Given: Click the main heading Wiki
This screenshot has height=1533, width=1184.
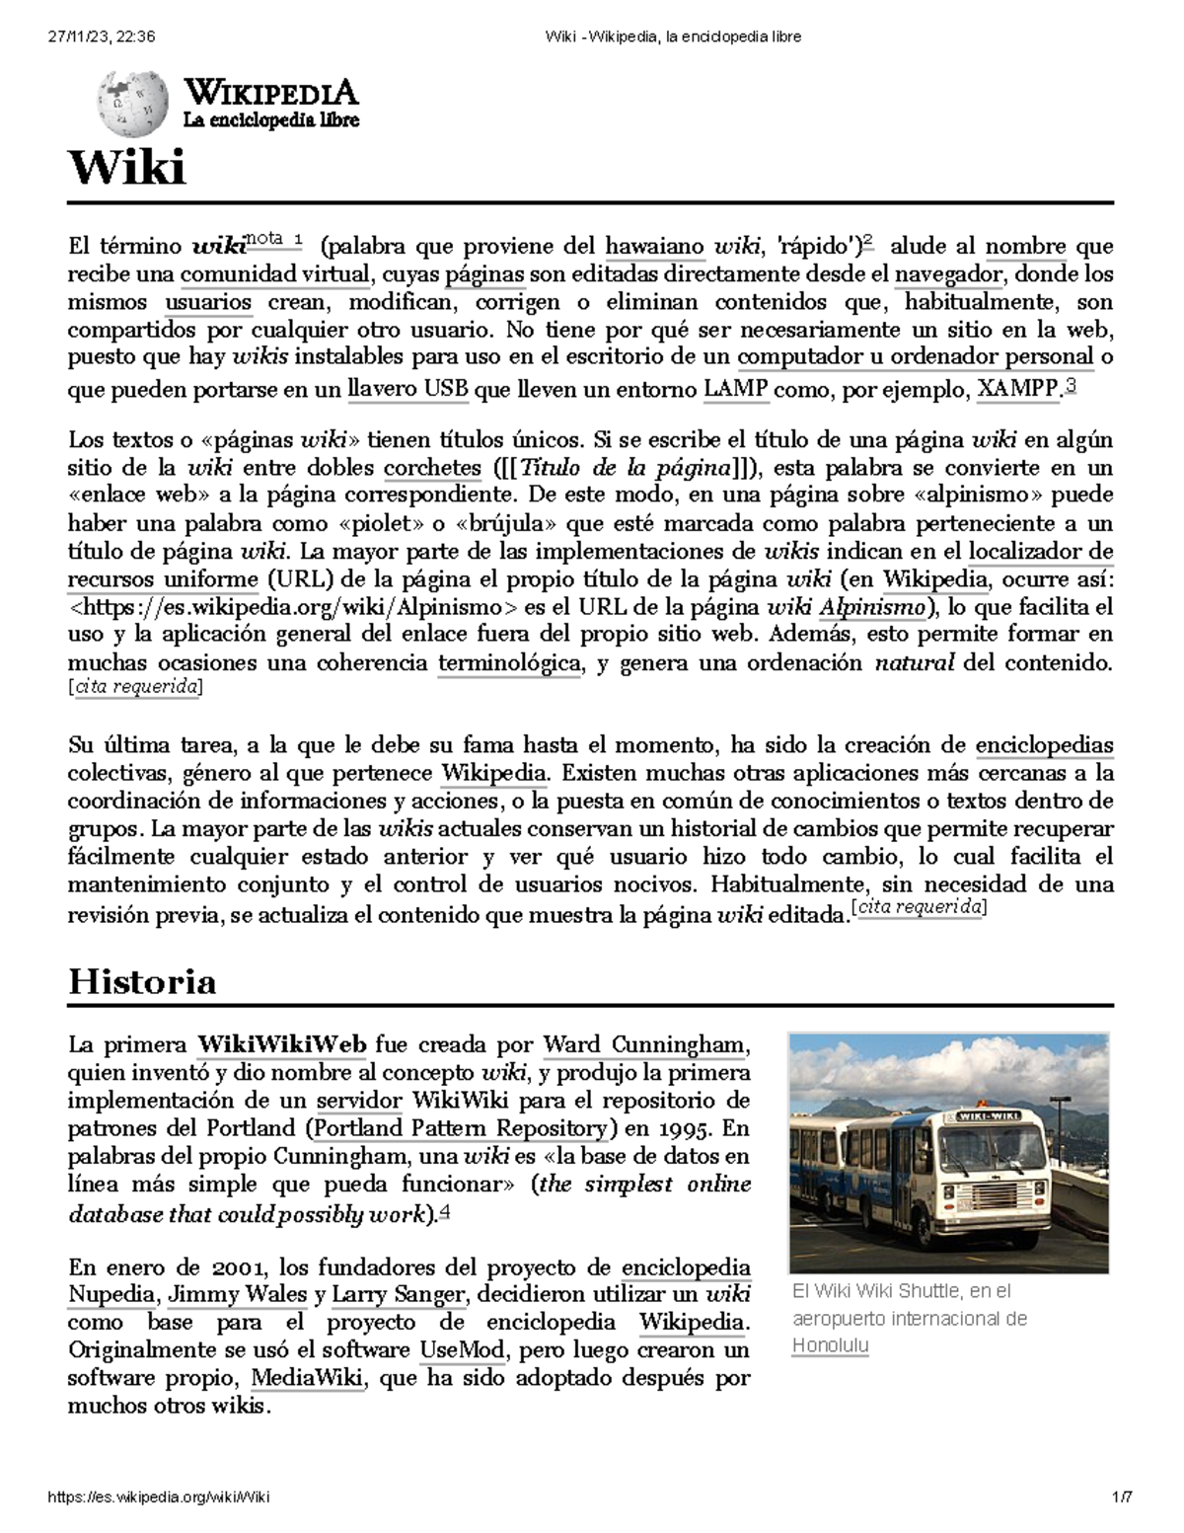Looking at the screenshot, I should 125,168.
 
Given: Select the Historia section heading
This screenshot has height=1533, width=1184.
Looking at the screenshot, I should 141,982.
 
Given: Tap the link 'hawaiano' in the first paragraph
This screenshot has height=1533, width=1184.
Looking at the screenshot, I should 654,246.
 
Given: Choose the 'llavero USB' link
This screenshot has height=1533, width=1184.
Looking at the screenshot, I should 408,389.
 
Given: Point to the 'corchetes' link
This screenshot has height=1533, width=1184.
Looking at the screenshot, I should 431,468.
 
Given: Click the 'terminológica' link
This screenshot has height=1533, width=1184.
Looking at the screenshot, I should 509,663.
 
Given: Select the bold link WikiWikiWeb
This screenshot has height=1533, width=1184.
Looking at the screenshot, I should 282,1044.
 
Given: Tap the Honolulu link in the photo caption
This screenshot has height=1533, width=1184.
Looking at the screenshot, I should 830,1346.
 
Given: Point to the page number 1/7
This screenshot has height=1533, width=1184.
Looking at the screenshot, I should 1122,1496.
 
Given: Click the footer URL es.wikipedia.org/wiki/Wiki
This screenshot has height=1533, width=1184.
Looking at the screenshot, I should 159,1496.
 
